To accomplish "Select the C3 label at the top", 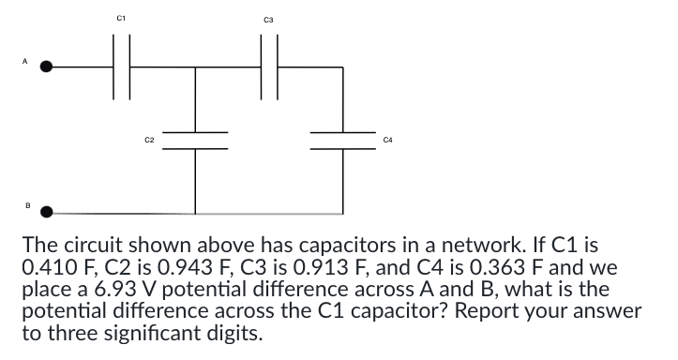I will coord(267,16).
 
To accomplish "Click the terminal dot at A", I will coord(50,67).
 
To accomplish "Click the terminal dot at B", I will coord(50,211).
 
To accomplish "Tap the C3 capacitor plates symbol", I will coord(267,67).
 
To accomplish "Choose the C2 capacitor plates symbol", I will coord(195,140).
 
